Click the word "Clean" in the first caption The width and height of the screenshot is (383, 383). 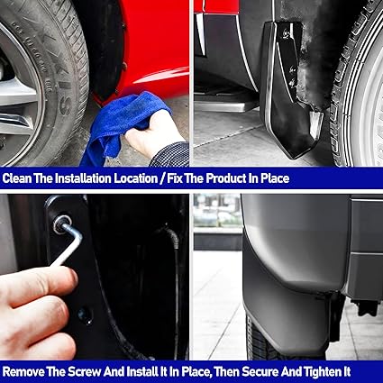point(17,178)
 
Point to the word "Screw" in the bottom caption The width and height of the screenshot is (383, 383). point(84,372)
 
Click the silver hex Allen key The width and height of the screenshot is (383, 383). point(68,244)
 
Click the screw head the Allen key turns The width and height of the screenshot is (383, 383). point(61,224)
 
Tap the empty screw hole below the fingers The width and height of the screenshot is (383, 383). point(86,315)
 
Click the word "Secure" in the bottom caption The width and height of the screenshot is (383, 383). point(260,372)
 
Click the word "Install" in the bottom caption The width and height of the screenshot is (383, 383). point(141,372)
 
